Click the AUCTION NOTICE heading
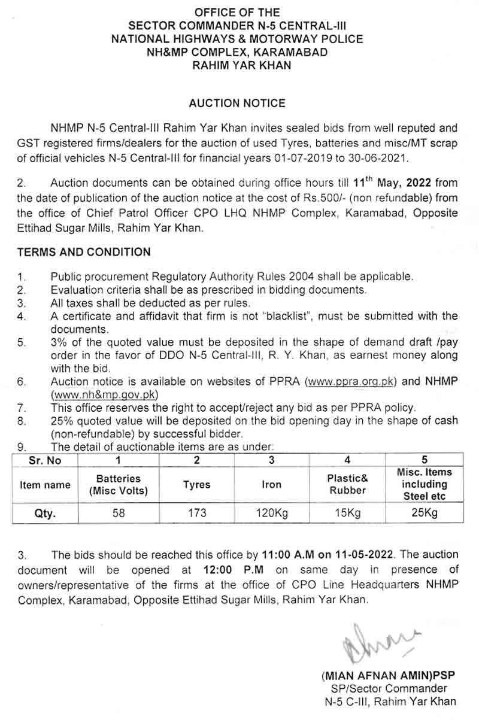click(237, 103)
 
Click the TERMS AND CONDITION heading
click(84, 252)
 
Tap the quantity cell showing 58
click(119, 512)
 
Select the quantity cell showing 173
click(196, 512)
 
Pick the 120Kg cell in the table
click(272, 512)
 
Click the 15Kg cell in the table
click(347, 512)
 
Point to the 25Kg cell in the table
click(425, 512)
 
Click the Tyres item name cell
click(196, 484)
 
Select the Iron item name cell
click(272, 484)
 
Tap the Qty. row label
click(45, 512)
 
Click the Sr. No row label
click(45, 460)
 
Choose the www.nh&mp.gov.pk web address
click(104, 394)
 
